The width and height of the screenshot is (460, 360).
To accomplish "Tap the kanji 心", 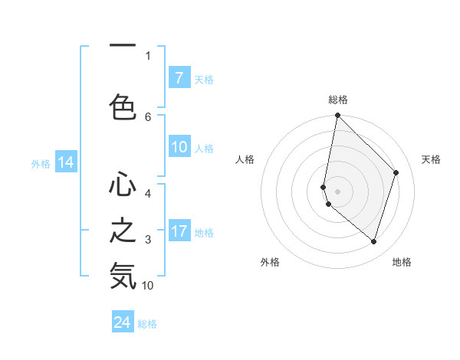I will [x=123, y=185].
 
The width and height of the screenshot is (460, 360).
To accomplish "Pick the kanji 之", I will [x=123, y=231].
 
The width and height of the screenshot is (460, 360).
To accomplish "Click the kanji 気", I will [x=123, y=276].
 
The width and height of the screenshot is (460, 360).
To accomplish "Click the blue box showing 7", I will [x=179, y=78].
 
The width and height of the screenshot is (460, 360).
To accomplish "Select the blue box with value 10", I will [x=179, y=148].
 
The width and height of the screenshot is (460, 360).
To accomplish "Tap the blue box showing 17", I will [x=179, y=232].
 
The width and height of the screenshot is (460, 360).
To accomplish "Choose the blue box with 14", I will [x=65, y=162].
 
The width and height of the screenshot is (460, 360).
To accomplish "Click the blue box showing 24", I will [x=123, y=323].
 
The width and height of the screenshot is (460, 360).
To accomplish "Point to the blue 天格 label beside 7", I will [x=204, y=79].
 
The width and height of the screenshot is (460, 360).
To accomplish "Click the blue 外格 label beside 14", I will [x=41, y=163].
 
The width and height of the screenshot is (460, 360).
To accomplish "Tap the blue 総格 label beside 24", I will [x=148, y=324].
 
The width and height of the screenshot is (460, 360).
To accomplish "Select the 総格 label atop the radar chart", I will [x=338, y=100].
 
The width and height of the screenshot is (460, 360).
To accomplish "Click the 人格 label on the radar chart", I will [x=245, y=159].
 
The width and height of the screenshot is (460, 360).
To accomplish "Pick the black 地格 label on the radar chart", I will [x=402, y=263].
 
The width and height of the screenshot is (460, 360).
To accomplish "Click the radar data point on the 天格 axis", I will [x=396, y=172].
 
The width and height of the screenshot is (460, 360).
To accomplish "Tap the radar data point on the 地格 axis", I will [x=374, y=241].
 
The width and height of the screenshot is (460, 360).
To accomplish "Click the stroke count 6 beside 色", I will [x=148, y=116].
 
